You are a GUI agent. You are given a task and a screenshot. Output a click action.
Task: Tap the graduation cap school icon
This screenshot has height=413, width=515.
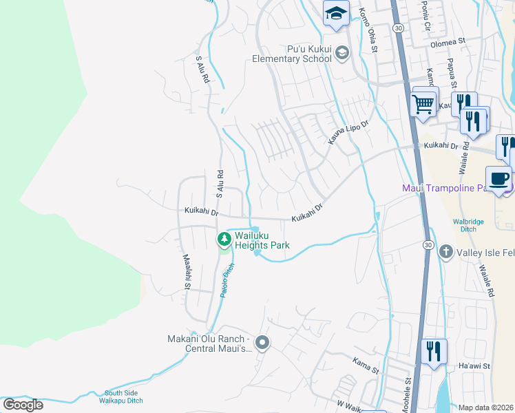coord(336,14)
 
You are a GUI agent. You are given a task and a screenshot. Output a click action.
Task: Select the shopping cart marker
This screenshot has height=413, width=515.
coord(424,105)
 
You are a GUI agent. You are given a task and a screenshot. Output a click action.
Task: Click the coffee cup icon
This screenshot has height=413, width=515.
coord(499,179)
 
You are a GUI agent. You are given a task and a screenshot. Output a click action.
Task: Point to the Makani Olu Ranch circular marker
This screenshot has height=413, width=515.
coord(262,342)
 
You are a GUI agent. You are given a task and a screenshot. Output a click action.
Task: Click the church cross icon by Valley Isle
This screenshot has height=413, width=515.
coord(445,252)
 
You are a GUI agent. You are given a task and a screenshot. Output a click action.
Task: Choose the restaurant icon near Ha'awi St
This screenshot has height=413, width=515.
coord(434,351)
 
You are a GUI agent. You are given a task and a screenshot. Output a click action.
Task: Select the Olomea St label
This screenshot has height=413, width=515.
coord(448,41)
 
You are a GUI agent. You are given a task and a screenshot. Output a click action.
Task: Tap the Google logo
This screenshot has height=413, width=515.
coord(23,404)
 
